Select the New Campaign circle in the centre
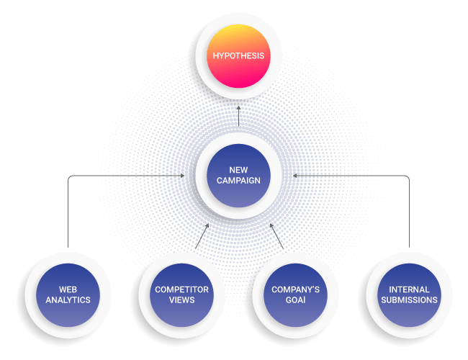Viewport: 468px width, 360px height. (x=238, y=176)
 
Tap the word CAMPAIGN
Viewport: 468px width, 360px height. (x=238, y=181)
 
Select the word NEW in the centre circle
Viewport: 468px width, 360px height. (x=238, y=170)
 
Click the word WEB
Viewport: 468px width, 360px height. (x=66, y=289)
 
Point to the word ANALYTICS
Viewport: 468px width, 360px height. (x=66, y=300)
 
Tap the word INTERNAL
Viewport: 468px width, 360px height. (x=408, y=289)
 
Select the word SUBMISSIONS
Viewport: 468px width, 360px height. (x=408, y=300)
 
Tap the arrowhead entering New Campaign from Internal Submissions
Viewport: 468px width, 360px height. (x=294, y=176)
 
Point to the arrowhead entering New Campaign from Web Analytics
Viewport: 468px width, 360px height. (x=184, y=176)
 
